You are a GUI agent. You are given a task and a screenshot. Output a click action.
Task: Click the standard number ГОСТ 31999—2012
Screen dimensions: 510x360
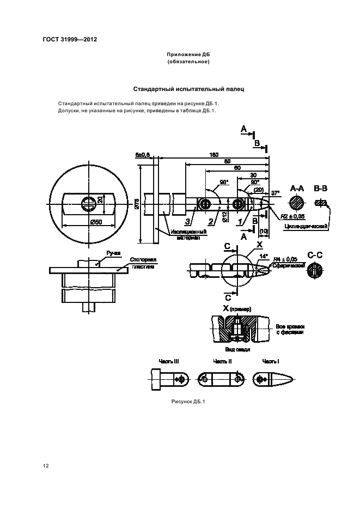tap(66, 39)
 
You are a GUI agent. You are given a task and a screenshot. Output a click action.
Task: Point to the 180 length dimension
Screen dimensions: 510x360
tap(214, 155)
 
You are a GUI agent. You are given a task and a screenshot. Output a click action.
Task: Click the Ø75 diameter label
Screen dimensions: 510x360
tap(137, 205)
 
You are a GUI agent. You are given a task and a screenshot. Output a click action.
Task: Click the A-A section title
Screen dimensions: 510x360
tap(297, 189)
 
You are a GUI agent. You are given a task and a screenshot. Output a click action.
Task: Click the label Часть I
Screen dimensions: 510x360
tap(271, 361)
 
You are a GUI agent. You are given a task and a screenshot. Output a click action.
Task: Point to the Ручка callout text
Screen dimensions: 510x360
tap(113, 253)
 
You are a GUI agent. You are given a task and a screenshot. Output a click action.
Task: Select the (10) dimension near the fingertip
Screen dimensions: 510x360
tap(264, 231)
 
